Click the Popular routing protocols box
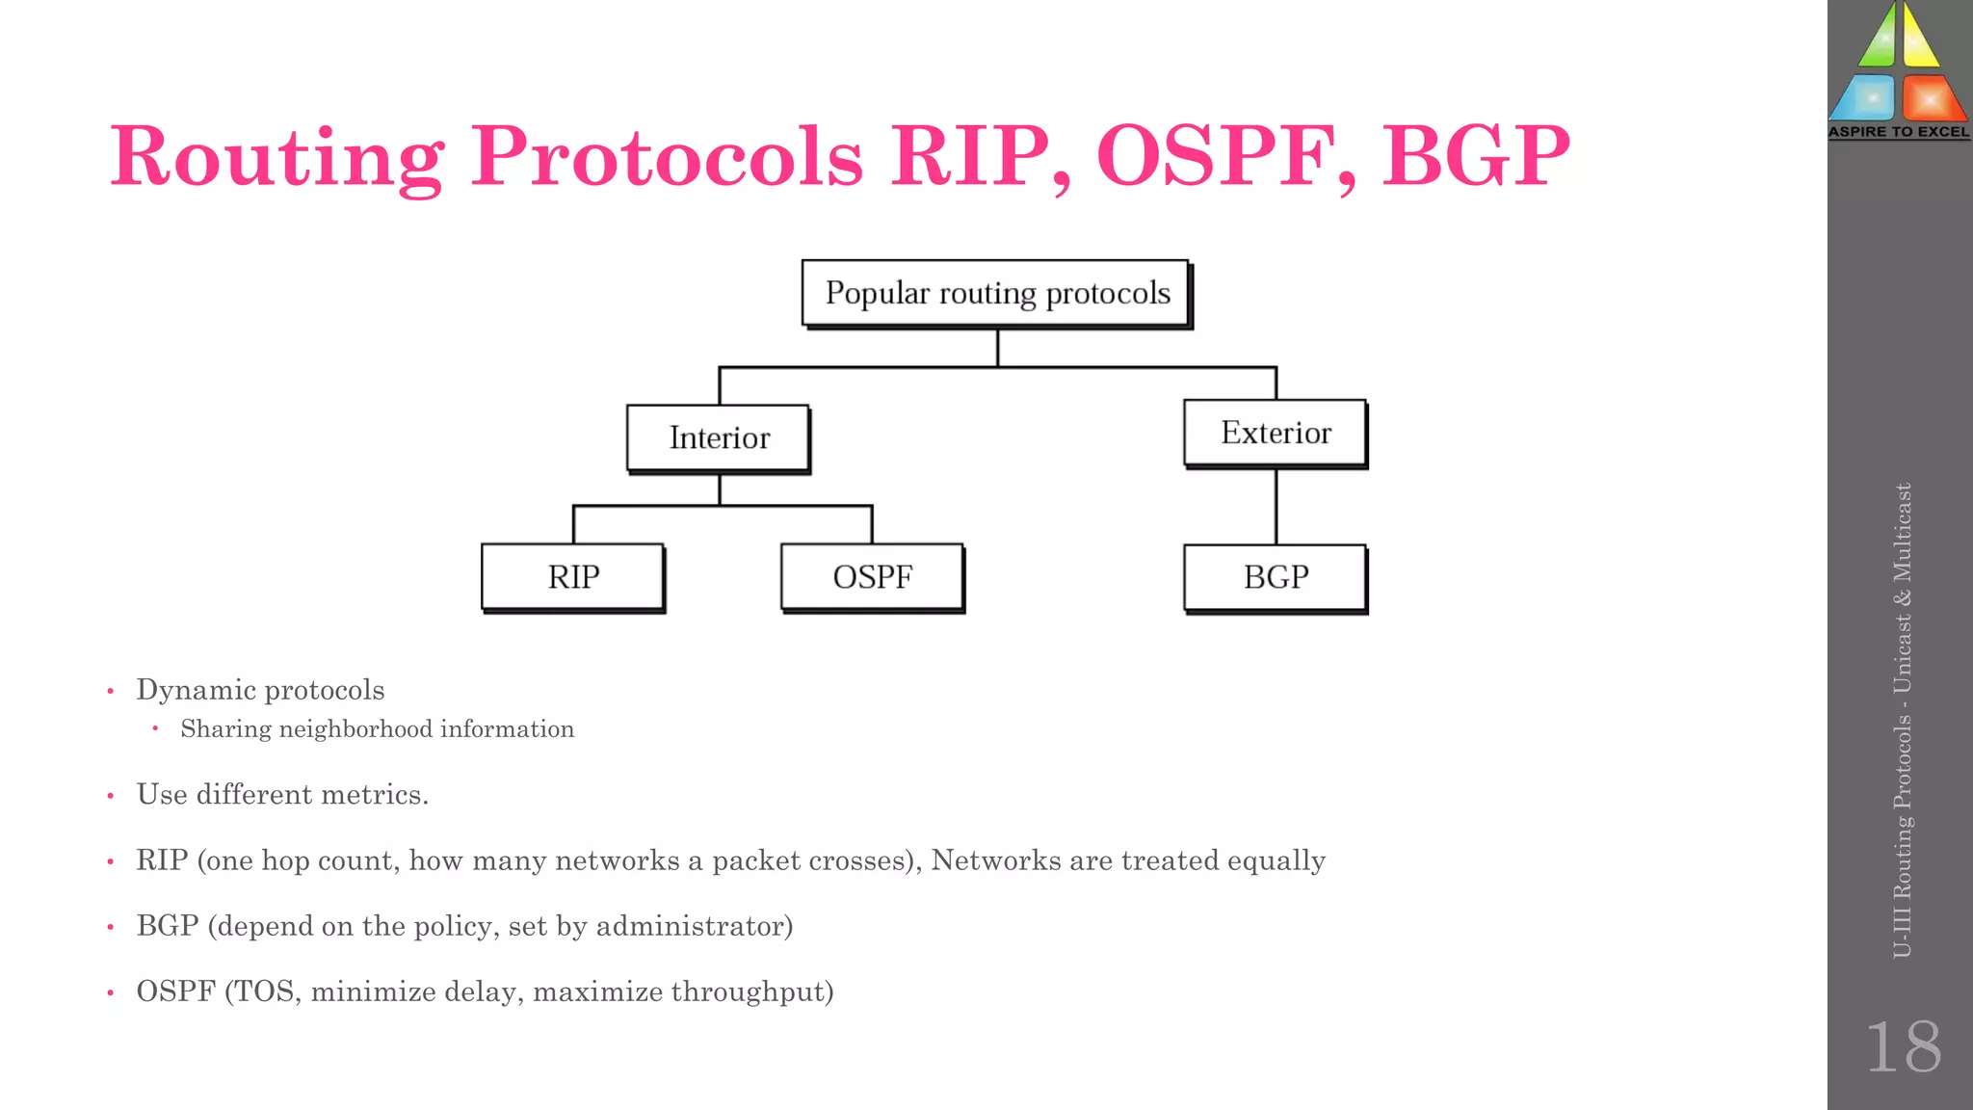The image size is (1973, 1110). coord(996,293)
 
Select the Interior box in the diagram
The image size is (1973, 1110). coord(719,437)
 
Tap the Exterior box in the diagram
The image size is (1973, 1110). coord(1276,433)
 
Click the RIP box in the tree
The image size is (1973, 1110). coord(573,577)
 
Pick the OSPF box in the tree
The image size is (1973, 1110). coord(872,577)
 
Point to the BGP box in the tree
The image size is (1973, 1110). coord(1276,577)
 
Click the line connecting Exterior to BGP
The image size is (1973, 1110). coord(1276,507)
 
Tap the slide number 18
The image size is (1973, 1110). coord(1903,1047)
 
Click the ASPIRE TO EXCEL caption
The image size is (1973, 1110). coord(1899,132)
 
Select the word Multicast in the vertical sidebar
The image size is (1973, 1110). coord(1903,532)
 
